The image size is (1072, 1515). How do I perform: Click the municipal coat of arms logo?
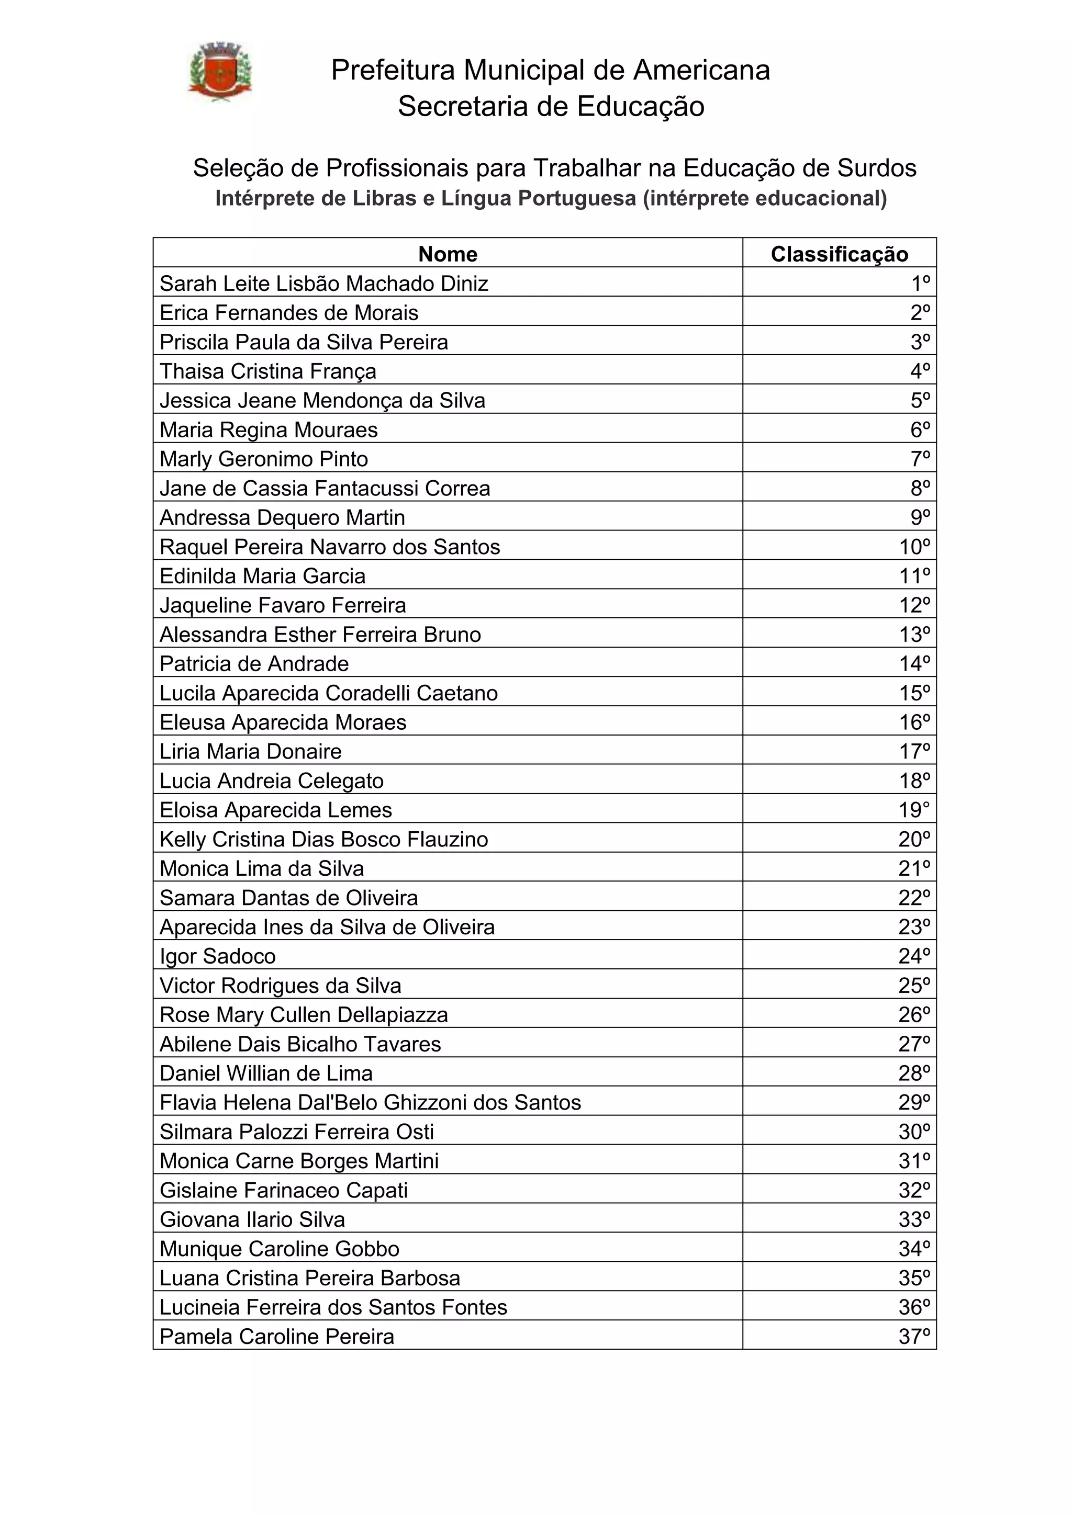219,72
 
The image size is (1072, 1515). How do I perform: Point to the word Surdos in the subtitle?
877,168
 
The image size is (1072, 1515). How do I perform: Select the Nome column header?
448,254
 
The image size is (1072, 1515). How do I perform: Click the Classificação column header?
839,254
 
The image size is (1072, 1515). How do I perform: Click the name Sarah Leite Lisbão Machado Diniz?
323,284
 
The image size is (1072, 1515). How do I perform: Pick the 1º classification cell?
920,284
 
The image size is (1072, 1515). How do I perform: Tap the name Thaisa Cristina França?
267,371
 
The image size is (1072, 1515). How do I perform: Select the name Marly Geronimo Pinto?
263,459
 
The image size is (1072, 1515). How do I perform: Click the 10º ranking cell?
914,547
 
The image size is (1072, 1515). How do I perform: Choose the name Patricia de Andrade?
254,664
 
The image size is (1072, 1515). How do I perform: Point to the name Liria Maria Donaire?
250,752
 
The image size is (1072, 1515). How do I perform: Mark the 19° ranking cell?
914,810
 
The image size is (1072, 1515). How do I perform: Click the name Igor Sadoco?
217,956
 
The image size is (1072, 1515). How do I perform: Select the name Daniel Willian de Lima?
266,1073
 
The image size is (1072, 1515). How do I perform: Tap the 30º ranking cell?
914,1132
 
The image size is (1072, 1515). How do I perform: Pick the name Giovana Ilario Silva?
252,1219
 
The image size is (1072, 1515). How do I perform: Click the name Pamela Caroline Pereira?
276,1337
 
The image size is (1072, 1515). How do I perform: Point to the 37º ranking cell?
914,1337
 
